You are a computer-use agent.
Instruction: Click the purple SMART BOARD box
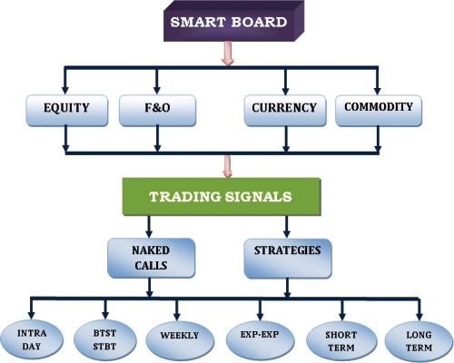(x=233, y=21)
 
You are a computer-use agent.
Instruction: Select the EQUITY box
(x=67, y=111)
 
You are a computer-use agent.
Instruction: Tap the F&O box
(x=157, y=111)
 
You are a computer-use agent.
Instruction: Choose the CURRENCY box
(x=285, y=111)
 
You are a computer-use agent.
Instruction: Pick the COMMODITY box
(x=379, y=111)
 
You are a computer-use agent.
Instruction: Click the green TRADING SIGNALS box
(x=222, y=196)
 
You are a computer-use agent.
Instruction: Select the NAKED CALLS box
(x=151, y=258)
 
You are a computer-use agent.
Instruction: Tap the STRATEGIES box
(x=288, y=259)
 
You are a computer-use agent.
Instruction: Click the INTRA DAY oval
(x=32, y=339)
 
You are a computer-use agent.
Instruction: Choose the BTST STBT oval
(x=104, y=339)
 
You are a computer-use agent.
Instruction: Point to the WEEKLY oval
(x=180, y=339)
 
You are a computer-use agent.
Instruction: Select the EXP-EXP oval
(x=260, y=339)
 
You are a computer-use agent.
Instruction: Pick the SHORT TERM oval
(x=341, y=341)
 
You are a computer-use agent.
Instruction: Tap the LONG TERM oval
(x=419, y=341)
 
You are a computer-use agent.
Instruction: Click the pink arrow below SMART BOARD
(x=228, y=54)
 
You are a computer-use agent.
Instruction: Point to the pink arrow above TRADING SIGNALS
(x=228, y=166)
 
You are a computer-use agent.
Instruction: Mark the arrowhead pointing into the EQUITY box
(x=65, y=90)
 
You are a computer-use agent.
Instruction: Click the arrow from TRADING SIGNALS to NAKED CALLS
(x=149, y=227)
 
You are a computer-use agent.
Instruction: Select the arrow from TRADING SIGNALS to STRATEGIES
(x=286, y=227)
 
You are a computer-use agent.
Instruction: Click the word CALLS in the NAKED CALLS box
(x=151, y=266)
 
